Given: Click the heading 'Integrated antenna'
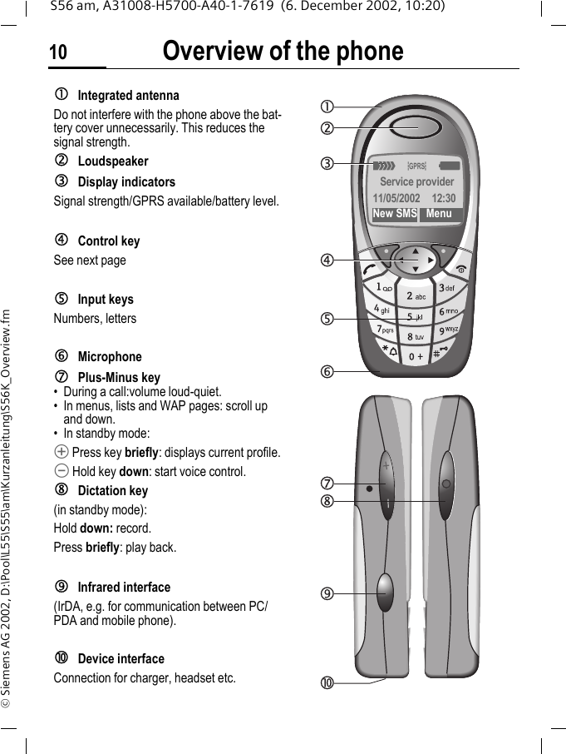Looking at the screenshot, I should click(x=128, y=96).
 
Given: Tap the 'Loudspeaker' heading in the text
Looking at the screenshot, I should click(x=113, y=161).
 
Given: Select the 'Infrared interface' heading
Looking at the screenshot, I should click(x=124, y=588).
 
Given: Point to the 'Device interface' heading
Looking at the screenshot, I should click(x=121, y=659).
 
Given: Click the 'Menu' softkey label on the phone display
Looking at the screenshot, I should click(x=439, y=214).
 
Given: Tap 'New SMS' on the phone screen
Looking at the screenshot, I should click(x=395, y=214).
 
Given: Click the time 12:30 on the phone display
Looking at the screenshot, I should click(x=444, y=199).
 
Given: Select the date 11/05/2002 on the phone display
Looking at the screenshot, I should click(x=397, y=199).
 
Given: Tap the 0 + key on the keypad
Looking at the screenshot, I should click(x=416, y=357).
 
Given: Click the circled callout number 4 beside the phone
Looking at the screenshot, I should click(x=329, y=260).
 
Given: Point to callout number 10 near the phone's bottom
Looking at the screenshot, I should click(x=329, y=684).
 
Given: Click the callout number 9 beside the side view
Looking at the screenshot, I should click(x=329, y=593).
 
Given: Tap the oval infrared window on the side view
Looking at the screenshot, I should click(x=385, y=591).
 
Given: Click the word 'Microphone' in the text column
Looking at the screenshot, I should click(x=110, y=357).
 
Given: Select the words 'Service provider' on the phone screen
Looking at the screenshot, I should click(x=416, y=181).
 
